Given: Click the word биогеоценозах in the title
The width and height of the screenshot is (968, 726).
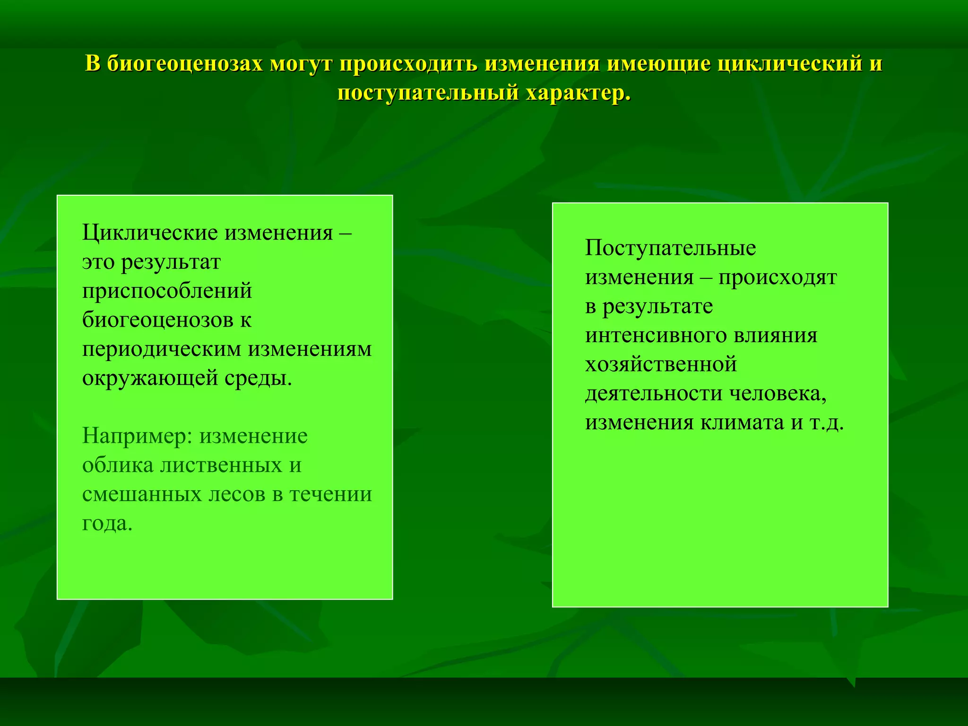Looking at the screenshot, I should point(185,64).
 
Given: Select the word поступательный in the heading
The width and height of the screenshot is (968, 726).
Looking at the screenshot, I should point(428,93).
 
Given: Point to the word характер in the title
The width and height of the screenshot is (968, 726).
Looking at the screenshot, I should point(578,93).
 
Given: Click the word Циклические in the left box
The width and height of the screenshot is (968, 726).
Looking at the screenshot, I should point(150,233).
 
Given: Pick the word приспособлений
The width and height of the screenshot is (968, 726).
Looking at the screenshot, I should point(167,291).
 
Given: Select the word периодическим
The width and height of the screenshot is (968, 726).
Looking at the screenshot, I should point(162,350).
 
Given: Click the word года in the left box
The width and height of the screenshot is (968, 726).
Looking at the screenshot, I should point(107,523).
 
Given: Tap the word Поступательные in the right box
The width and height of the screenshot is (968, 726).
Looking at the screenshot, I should point(670,248).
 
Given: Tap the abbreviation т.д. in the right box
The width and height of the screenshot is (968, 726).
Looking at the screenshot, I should point(826,423).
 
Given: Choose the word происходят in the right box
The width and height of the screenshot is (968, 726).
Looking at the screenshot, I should point(778,277).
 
